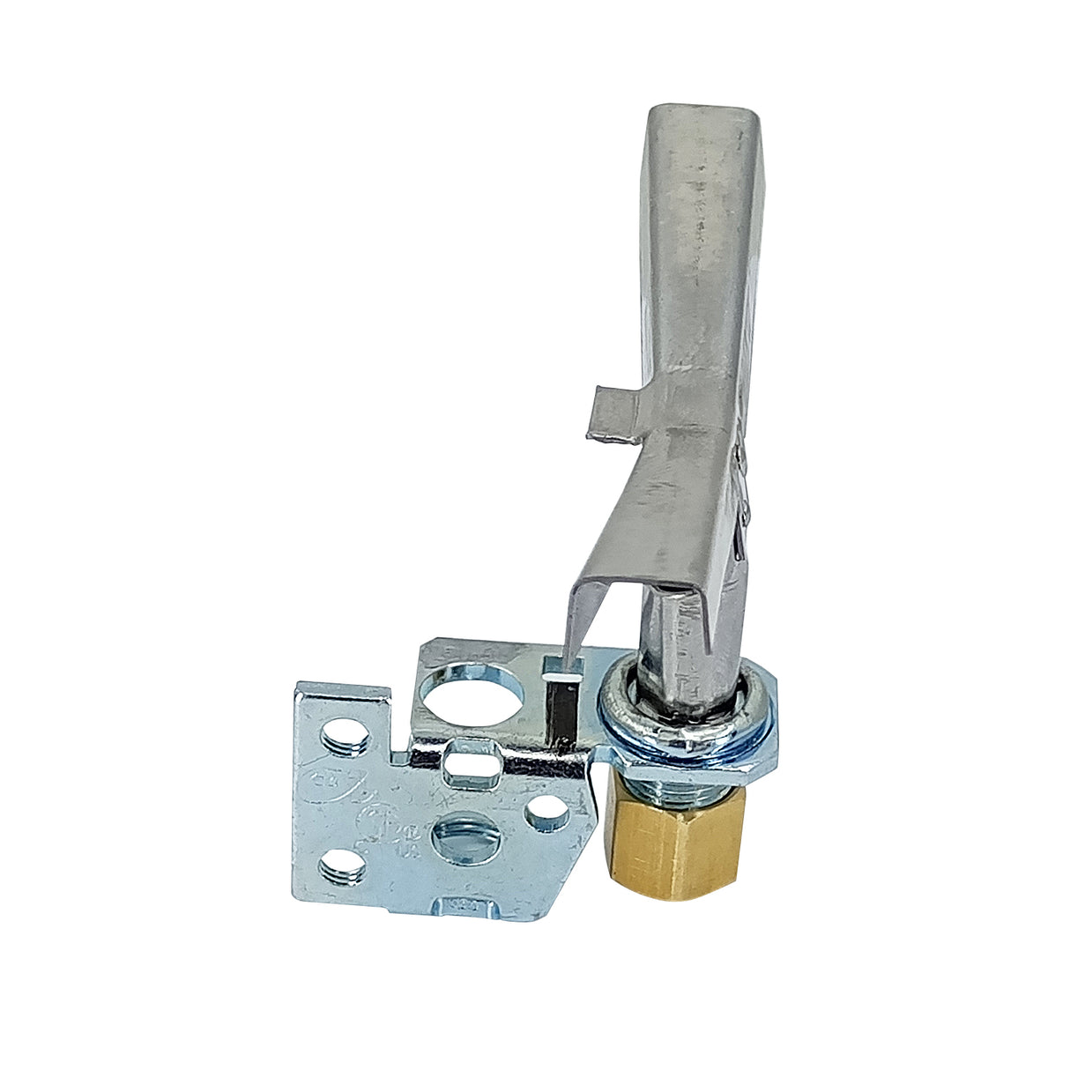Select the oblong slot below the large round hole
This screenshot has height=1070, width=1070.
coord(471,764)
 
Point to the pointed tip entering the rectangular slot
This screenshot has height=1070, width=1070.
coord(565,657)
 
